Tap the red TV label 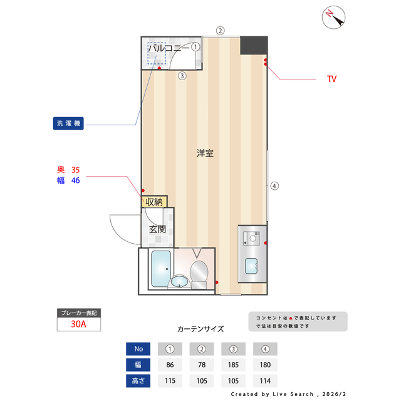[x=332, y=80]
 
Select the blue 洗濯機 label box [x=68, y=123]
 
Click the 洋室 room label [x=204, y=153]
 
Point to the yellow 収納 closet [x=154, y=202]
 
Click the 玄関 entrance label [x=157, y=229]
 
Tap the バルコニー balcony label [x=168, y=47]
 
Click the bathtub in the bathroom [x=161, y=268]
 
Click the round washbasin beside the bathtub [x=180, y=281]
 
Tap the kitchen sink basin [x=252, y=266]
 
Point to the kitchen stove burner [x=252, y=237]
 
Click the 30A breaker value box [x=79, y=324]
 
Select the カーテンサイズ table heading [x=200, y=328]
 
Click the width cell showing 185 [x=233, y=365]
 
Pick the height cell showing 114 [x=265, y=380]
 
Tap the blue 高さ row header [x=138, y=380]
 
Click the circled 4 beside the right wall [x=274, y=185]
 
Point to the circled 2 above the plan [x=220, y=30]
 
